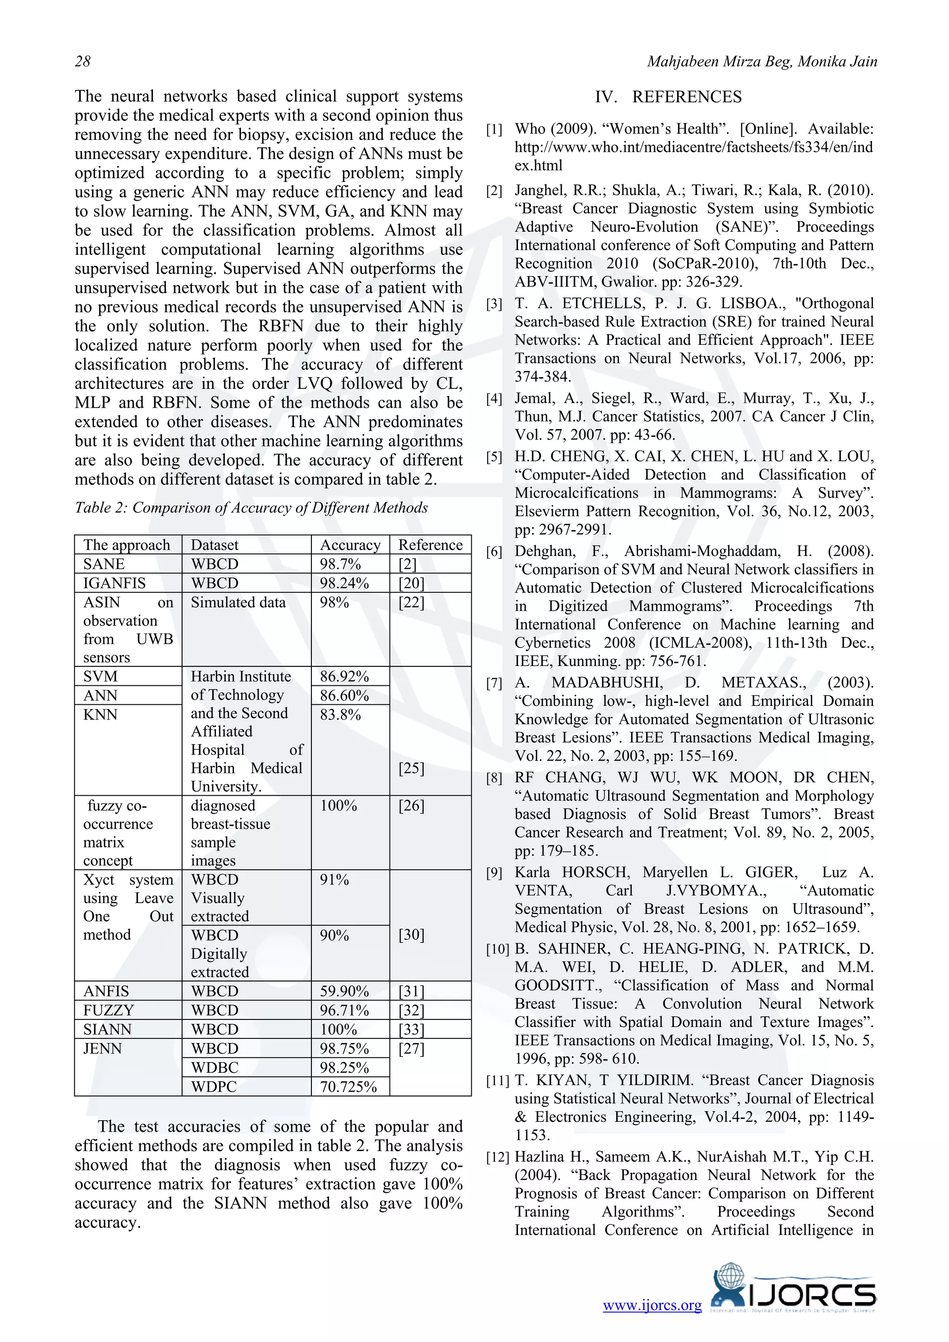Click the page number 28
click(82, 61)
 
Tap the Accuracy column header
click(349, 545)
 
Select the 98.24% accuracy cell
click(344, 583)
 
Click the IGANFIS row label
click(114, 583)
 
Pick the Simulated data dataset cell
click(238, 602)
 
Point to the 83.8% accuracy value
click(340, 715)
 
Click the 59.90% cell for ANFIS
click(344, 991)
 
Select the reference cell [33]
click(411, 1029)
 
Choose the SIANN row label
click(107, 1029)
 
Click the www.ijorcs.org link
click(652, 1306)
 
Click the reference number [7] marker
click(494, 683)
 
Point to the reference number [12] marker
click(497, 1157)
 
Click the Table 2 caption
click(251, 507)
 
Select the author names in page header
click(761, 61)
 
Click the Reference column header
click(430, 545)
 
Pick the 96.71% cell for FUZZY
click(344, 1011)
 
